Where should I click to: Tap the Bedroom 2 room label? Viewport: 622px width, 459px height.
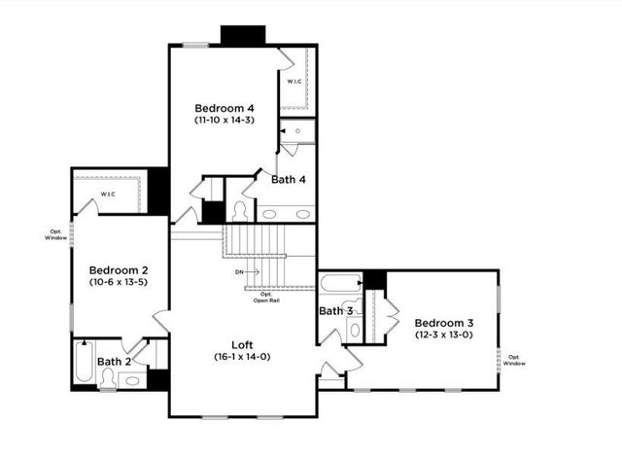[119, 269]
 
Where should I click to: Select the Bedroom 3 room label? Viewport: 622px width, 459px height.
[444, 323]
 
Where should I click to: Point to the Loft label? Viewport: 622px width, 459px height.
[243, 344]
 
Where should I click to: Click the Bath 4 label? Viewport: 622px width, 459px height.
[290, 179]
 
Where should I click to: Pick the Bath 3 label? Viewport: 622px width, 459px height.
[336, 310]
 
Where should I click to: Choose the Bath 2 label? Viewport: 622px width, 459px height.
[114, 361]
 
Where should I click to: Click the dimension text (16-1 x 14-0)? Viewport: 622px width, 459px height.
[243, 357]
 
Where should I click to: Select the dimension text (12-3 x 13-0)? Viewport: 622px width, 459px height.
[444, 335]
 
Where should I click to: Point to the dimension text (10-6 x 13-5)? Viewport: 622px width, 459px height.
[119, 282]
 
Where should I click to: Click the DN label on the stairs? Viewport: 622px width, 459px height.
[240, 271]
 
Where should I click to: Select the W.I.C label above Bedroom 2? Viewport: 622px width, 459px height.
[108, 194]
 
